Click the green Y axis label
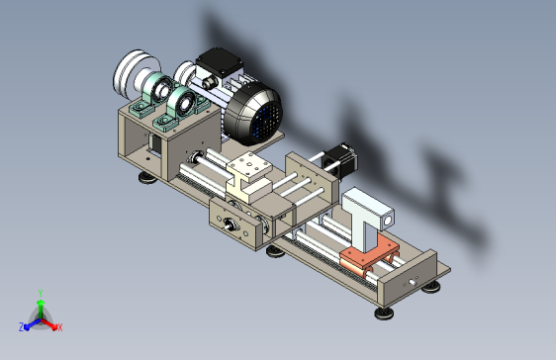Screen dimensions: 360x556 click(39, 293)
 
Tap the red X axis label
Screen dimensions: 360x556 click(59, 327)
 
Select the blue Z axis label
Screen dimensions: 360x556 click(22, 327)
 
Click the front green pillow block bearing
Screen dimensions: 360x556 click(180, 106)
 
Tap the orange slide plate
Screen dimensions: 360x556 click(365, 259)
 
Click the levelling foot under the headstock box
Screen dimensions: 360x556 click(147, 178)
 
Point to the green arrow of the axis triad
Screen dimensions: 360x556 click(40, 308)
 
